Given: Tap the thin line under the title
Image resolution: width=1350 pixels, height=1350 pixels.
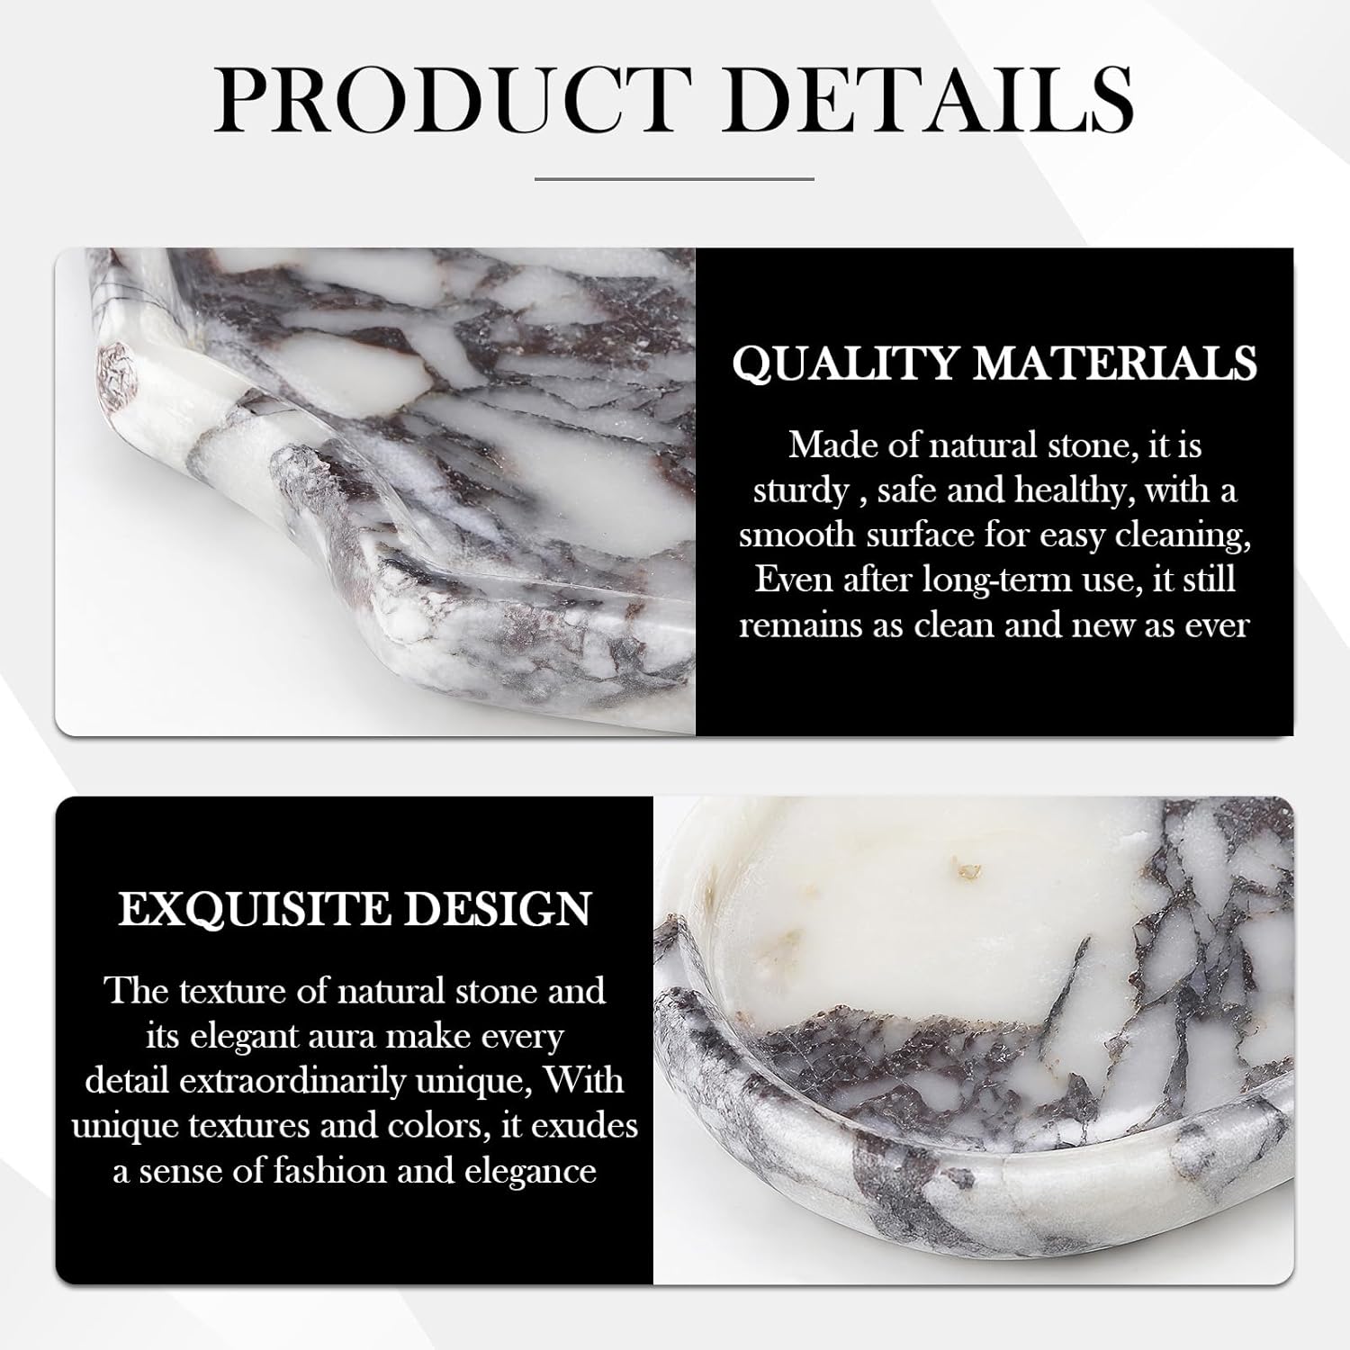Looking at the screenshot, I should [x=674, y=179].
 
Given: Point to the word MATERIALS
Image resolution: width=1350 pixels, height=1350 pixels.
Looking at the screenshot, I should [x=1115, y=363].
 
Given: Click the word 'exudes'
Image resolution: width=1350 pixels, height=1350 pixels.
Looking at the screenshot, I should [x=585, y=1127].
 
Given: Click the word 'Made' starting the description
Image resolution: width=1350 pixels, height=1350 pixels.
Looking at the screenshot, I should [x=828, y=445].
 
